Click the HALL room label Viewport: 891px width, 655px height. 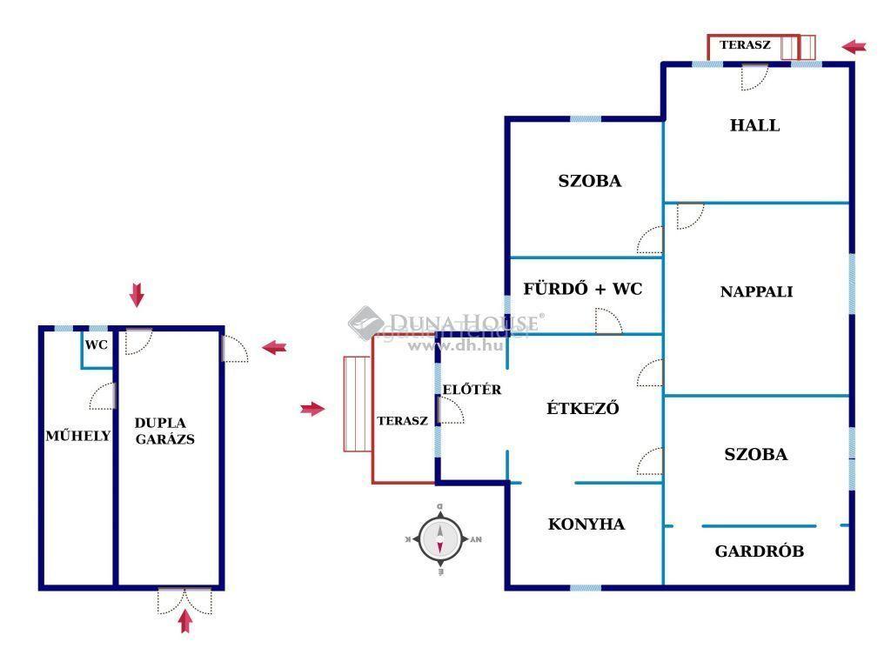point(754,125)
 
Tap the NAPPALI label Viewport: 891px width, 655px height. point(756,291)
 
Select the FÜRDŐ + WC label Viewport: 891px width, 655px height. point(582,289)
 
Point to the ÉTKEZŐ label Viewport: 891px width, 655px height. point(582,407)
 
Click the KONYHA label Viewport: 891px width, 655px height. point(586,524)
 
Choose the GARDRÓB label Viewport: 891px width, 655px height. point(759,551)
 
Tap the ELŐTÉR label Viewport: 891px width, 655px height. point(472,389)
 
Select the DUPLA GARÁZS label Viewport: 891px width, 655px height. point(164,431)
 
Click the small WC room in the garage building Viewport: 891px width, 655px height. point(97,349)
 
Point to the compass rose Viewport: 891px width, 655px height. point(439,538)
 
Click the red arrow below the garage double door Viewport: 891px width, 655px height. point(185,621)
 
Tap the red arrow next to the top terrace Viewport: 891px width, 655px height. point(854,47)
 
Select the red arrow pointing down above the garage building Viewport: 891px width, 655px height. point(137,295)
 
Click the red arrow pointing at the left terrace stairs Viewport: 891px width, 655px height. point(312,409)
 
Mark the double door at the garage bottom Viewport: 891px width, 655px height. point(184,600)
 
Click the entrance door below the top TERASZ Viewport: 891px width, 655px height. point(754,77)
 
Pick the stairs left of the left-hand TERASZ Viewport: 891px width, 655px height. point(358,404)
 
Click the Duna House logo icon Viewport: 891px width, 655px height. point(365,323)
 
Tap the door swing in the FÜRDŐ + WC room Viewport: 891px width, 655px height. point(608,321)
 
